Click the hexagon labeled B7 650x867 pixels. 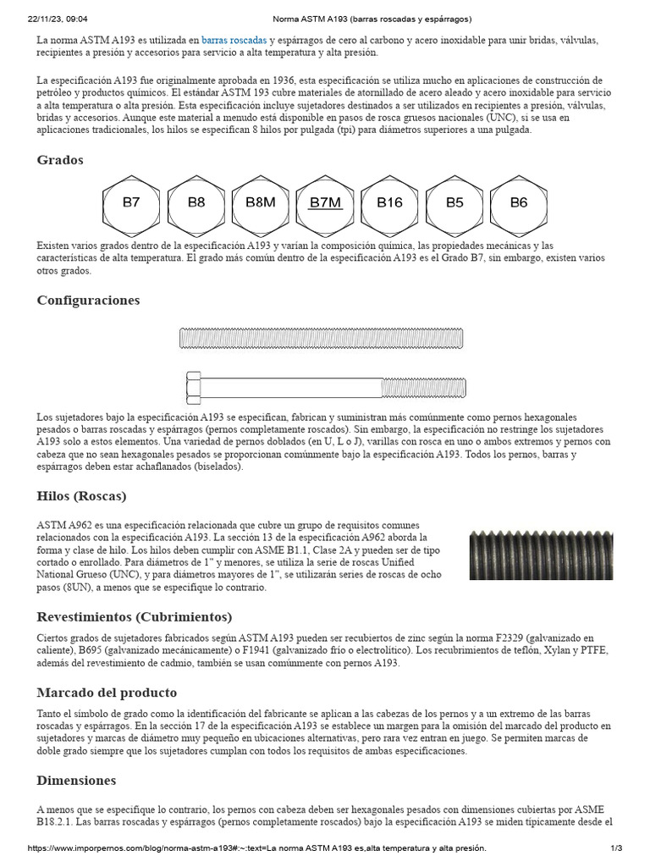click(131, 203)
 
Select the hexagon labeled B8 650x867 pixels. click(196, 203)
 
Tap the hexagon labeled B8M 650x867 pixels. click(261, 203)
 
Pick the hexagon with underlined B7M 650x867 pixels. click(325, 203)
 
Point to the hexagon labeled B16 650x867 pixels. click(389, 203)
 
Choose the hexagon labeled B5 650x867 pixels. click(454, 203)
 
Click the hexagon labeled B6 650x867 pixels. click(518, 203)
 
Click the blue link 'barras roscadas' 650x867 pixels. click(234, 40)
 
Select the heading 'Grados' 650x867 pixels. click(60, 160)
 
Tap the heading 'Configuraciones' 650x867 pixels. click(88, 301)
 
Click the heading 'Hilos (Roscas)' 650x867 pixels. click(81, 496)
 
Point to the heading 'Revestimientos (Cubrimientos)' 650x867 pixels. click(134, 616)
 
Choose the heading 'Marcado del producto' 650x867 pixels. click(107, 693)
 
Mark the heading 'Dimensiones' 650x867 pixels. click(76, 780)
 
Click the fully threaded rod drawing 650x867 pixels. click(322, 339)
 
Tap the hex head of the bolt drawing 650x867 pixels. click(193, 388)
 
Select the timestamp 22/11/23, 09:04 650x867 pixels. click(58, 18)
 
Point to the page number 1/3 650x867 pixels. click(616, 848)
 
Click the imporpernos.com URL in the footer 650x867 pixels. click(257, 848)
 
